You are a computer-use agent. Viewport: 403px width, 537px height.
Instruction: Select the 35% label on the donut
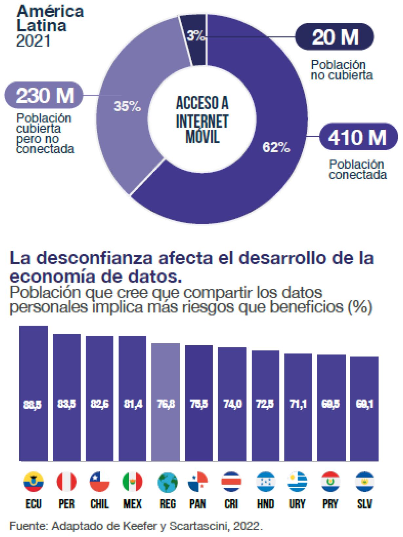[127, 107]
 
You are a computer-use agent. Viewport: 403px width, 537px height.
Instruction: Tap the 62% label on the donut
[276, 148]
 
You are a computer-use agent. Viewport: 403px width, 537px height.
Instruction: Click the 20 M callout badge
[335, 37]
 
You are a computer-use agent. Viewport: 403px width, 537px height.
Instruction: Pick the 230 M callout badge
[44, 96]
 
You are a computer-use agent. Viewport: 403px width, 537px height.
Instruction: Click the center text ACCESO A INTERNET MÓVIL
[202, 120]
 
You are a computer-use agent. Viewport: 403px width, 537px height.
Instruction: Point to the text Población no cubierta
[341, 70]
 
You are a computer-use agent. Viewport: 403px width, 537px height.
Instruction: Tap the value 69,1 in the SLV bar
[364, 404]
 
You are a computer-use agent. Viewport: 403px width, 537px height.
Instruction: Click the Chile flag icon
[99, 482]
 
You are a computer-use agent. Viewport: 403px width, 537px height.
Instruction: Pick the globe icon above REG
[167, 482]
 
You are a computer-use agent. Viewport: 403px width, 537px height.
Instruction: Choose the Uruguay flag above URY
[297, 482]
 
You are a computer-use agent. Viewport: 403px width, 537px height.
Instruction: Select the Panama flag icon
[198, 482]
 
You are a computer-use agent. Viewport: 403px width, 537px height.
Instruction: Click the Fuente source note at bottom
[136, 526]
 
